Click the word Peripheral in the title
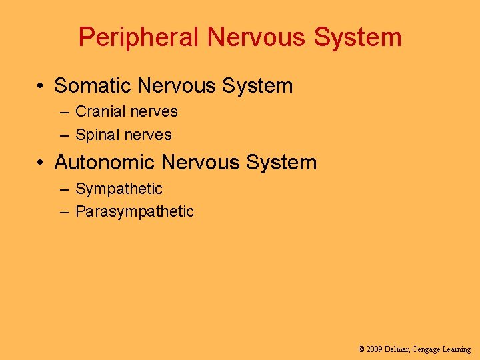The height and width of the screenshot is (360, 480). click(x=139, y=37)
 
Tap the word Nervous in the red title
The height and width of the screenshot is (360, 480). click(x=256, y=37)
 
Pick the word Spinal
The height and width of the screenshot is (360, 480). click(x=97, y=135)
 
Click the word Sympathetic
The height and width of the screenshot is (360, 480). click(x=119, y=189)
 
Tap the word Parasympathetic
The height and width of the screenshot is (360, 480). click(x=135, y=212)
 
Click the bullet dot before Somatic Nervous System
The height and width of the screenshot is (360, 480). click(x=41, y=87)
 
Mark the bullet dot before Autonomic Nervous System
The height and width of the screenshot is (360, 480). click(x=41, y=163)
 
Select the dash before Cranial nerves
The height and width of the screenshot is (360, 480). click(x=64, y=113)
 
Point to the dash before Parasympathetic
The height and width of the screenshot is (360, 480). click(x=64, y=212)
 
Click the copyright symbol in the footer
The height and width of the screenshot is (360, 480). click(x=361, y=349)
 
